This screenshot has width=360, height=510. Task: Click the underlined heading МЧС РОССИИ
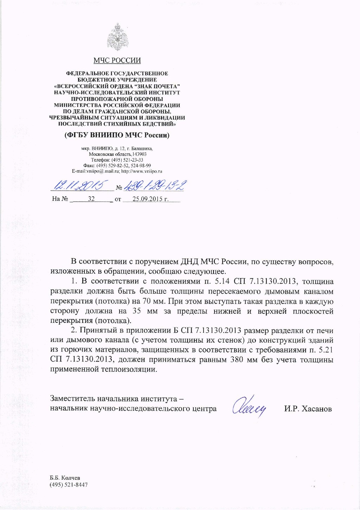(x=117, y=60)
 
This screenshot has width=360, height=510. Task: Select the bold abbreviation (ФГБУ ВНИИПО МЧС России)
(x=117, y=135)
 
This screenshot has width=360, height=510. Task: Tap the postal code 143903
(x=139, y=154)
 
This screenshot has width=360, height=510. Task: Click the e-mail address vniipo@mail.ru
(x=102, y=171)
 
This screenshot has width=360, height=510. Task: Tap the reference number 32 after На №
(x=91, y=199)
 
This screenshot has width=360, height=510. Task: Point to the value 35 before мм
(x=137, y=311)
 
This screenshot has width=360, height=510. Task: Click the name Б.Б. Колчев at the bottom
(x=65, y=478)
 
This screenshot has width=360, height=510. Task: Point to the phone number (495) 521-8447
(x=69, y=485)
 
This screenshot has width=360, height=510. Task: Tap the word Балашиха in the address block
(x=144, y=148)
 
